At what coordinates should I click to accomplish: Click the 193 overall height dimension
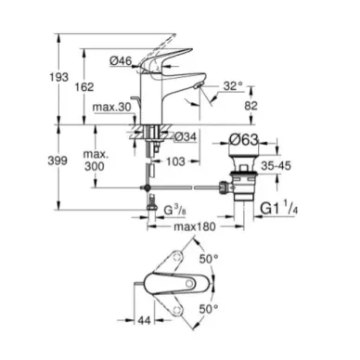tap(58, 77)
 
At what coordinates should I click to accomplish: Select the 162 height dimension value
tap(84, 87)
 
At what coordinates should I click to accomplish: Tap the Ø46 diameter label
tap(121, 61)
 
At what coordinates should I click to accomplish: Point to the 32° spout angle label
tap(233, 86)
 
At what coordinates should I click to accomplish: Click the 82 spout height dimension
tap(251, 106)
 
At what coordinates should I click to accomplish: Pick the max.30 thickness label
tap(112, 107)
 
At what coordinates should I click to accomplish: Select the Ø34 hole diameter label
tap(186, 136)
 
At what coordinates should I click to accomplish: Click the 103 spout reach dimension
tap(175, 161)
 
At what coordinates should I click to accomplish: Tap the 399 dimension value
tap(58, 161)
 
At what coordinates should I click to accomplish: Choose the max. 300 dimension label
tap(95, 161)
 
